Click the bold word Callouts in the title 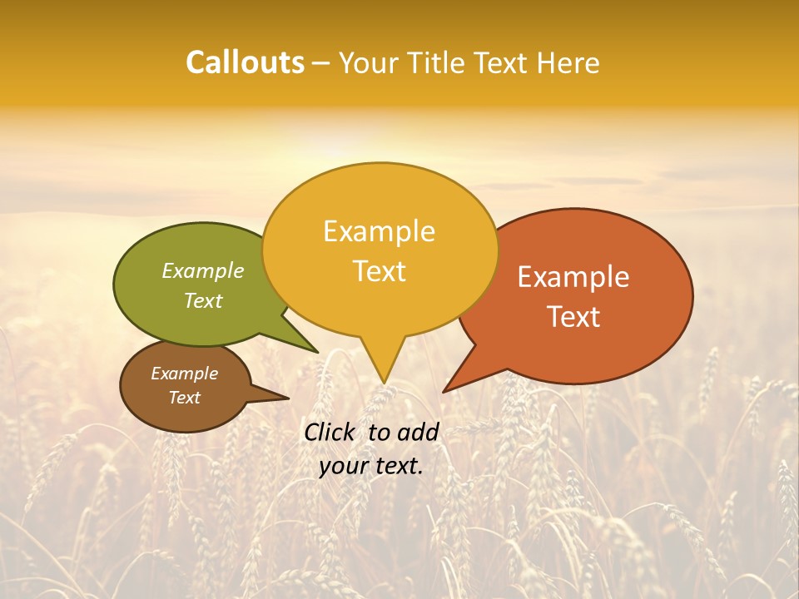pyautogui.click(x=245, y=62)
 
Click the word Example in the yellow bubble pyautogui.click(x=379, y=231)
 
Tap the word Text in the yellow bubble pyautogui.click(x=379, y=271)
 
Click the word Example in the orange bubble pyautogui.click(x=573, y=277)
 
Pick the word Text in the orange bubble pyautogui.click(x=573, y=317)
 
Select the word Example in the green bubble pyautogui.click(x=203, y=270)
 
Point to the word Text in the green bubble pyautogui.click(x=203, y=300)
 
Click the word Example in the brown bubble pyautogui.click(x=184, y=374)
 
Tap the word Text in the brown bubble pyautogui.click(x=184, y=398)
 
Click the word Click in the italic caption pyautogui.click(x=331, y=432)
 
